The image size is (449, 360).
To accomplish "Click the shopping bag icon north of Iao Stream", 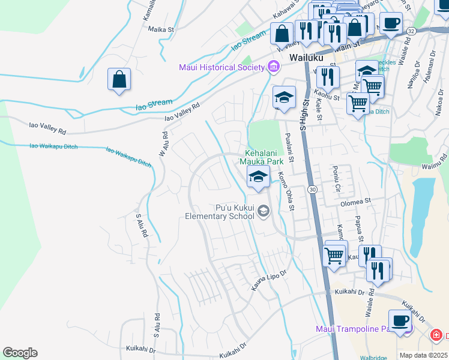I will [x=119, y=79].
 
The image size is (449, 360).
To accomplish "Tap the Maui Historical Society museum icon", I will [x=274, y=67].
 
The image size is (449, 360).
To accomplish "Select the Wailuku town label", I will [x=306, y=58].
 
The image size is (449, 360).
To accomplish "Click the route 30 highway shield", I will [x=312, y=189].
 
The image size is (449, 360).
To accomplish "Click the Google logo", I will [x=20, y=352].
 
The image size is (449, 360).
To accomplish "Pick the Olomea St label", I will [x=357, y=202].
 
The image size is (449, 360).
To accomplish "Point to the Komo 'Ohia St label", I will [x=285, y=191].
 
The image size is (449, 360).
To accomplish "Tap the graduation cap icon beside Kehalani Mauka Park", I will [x=258, y=176].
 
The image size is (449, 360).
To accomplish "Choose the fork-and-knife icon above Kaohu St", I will [x=328, y=76].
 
